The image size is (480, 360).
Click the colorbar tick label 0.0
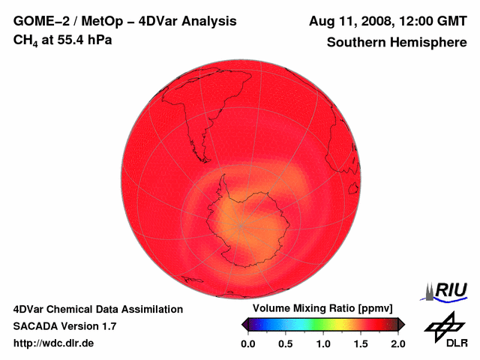tap(248, 343)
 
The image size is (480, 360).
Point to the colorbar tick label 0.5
tap(286, 343)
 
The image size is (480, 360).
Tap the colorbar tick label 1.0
tap(323, 343)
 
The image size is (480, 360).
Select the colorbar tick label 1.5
tap(361, 343)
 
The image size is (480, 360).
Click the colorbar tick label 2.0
tap(397, 343)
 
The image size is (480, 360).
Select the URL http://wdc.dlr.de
tap(54, 343)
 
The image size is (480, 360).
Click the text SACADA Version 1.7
tap(64, 326)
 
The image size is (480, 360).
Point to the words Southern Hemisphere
tap(396, 43)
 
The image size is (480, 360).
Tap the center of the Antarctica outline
tap(244, 221)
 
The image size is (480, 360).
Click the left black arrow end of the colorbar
tap(244, 324)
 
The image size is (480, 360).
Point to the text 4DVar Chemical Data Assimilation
tap(97, 309)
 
